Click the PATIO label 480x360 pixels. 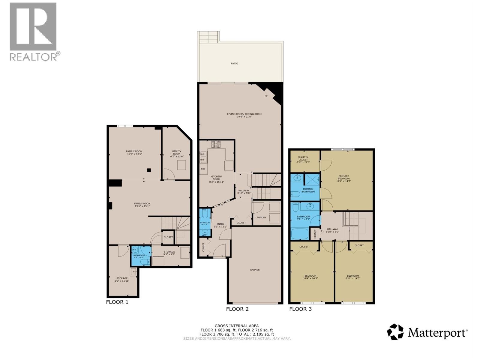click(234, 64)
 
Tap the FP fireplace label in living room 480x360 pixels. click(266, 96)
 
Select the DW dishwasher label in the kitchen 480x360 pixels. click(203, 169)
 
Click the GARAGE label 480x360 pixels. click(255, 270)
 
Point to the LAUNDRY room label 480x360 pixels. click(261, 217)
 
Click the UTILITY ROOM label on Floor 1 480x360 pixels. click(176, 153)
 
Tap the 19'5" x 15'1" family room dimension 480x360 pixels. click(142, 206)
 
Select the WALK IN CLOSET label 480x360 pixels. click(303, 158)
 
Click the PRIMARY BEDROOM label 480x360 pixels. click(343, 177)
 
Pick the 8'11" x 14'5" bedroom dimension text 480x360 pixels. click(353, 278)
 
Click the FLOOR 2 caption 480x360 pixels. click(237, 309)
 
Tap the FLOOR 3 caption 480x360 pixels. click(300, 309)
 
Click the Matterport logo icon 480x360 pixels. click(395, 332)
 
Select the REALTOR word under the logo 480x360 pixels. click(33, 57)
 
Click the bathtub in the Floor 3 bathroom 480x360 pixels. click(300, 234)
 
